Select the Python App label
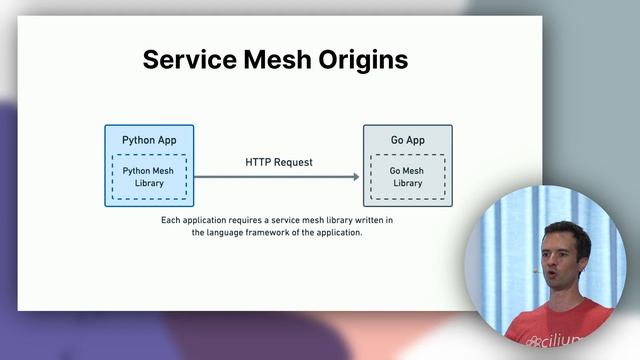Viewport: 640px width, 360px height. [149, 139]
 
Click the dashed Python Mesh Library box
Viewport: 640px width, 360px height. [149, 177]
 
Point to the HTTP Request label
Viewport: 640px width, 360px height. [278, 162]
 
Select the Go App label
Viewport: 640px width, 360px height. [407, 139]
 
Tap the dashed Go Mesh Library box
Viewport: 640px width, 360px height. [407, 177]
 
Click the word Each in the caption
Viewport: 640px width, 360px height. [171, 220]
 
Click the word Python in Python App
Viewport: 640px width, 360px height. [138, 139]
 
